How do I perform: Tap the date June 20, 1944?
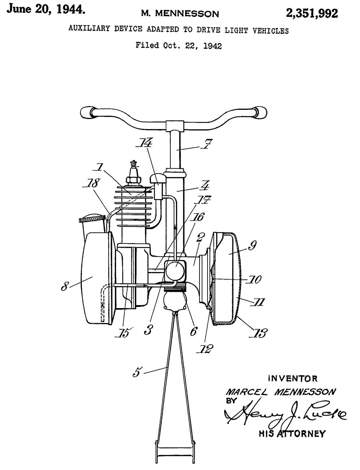pos(46,10)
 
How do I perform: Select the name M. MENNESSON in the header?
pos(180,14)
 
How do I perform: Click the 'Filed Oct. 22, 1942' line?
pos(179,46)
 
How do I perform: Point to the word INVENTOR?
pos(293,378)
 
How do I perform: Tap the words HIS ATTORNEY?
pos(292,434)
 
